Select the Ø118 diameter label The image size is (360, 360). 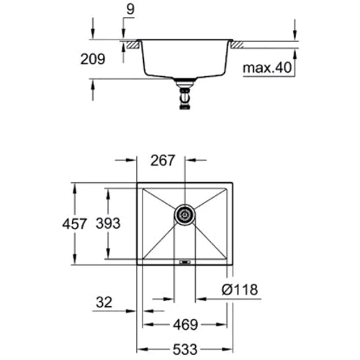(239, 290)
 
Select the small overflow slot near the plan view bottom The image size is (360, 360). (184, 262)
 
